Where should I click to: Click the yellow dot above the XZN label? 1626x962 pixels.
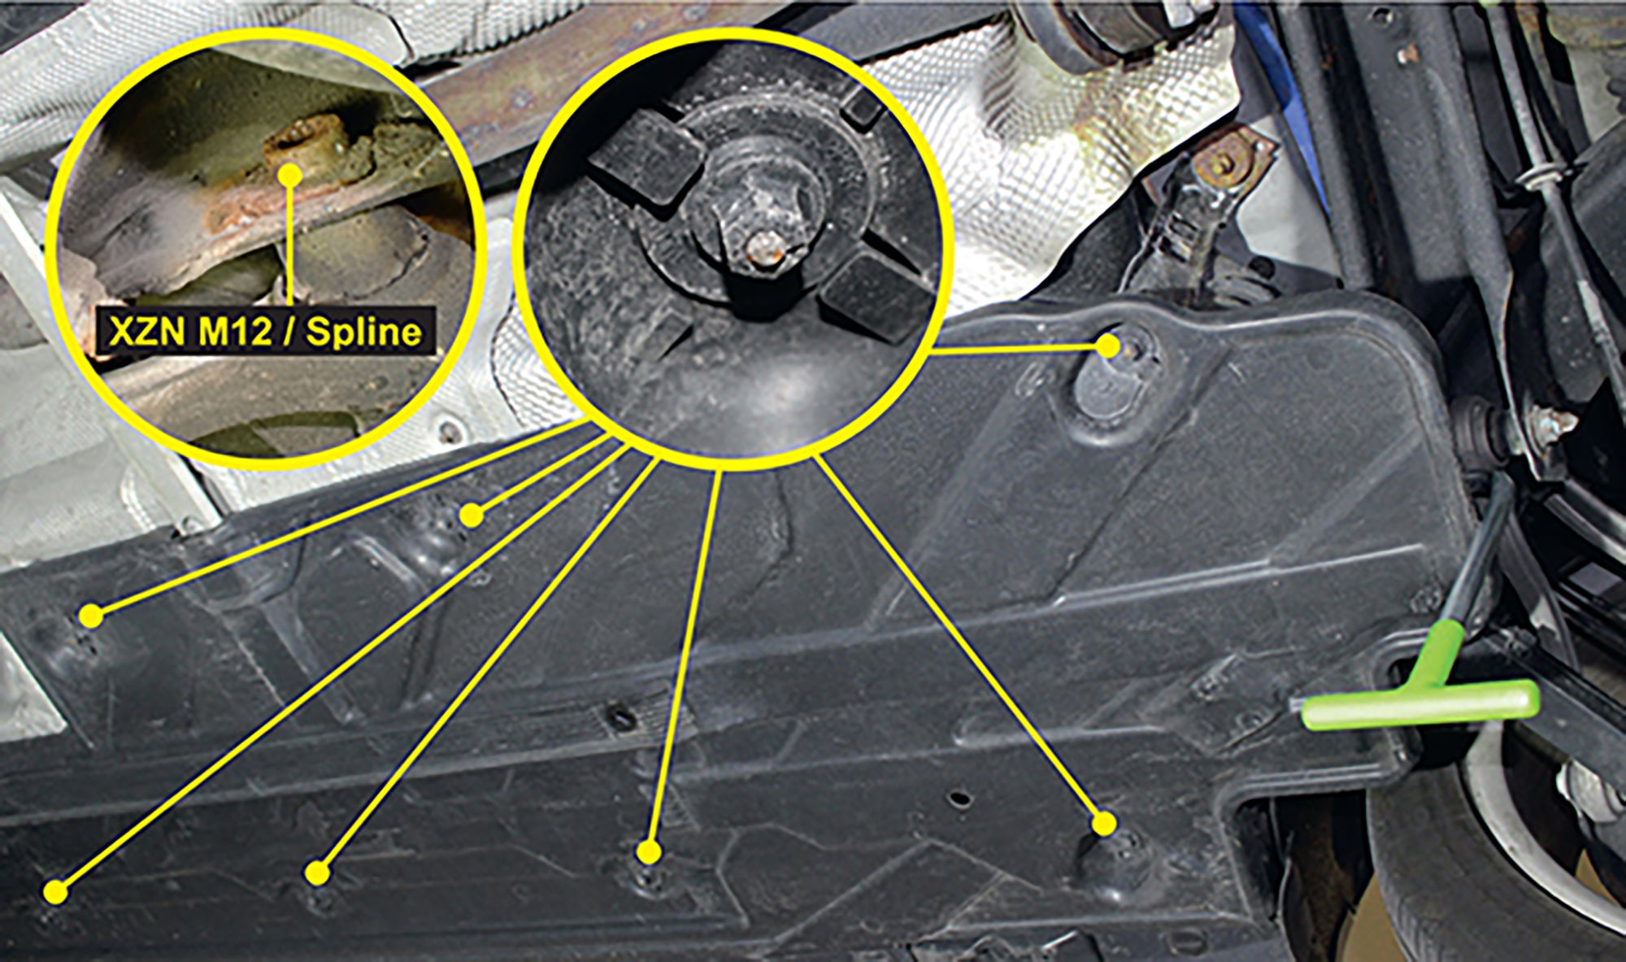(x=290, y=174)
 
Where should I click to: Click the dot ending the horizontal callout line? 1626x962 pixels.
(x=1108, y=346)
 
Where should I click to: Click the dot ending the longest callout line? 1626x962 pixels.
(x=56, y=891)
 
